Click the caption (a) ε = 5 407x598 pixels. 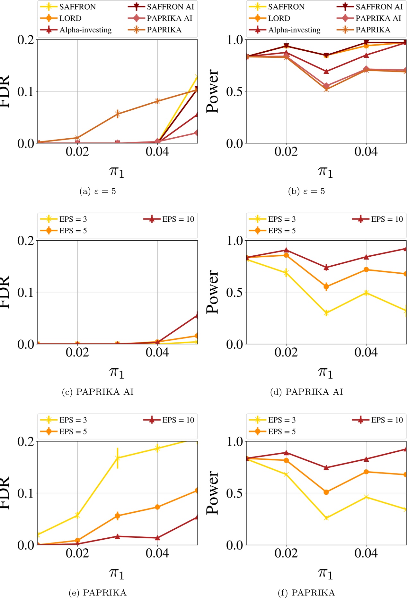[98, 192]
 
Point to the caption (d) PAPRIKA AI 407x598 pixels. [306, 392]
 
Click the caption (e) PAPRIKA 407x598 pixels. [98, 593]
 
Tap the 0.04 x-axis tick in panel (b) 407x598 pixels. [366, 151]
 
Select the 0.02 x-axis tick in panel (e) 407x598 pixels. [77, 553]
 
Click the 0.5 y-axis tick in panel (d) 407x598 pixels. [234, 292]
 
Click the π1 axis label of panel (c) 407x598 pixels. [117, 372]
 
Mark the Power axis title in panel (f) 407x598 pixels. [212, 493]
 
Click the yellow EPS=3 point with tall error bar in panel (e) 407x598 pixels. [118, 458]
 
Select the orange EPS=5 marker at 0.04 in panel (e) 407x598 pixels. [157, 507]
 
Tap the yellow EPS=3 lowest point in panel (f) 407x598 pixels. [326, 518]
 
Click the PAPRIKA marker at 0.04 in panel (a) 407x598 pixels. [157, 101]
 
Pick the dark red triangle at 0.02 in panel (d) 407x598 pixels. [286, 250]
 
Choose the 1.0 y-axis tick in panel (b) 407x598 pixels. [234, 40]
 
